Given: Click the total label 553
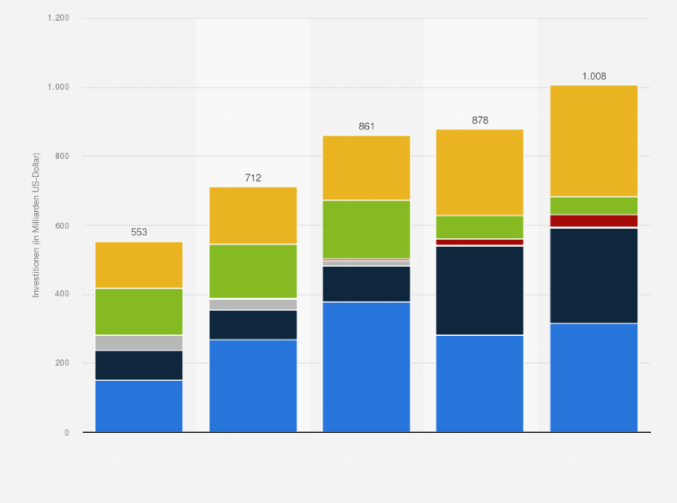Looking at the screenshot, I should (139, 232).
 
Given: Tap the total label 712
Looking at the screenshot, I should (252, 178).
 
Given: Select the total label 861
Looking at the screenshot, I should (366, 127).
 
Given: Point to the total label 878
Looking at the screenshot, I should (479, 119).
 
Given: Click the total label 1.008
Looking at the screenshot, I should (593, 76).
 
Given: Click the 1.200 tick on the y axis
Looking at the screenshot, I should (58, 18).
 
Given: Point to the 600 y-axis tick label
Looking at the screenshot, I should (61, 225).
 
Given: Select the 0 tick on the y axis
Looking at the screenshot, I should (66, 432).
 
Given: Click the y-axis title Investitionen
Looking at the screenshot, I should (37, 225).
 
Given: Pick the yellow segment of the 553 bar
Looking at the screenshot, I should (139, 265).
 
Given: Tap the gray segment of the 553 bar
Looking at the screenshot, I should (139, 342).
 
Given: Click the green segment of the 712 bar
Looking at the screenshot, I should (252, 271).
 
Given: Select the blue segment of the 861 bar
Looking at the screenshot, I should (366, 366).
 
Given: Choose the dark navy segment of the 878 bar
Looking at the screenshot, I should (479, 290).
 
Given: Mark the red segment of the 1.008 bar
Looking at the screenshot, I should (593, 221).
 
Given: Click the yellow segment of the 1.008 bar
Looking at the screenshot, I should (593, 140).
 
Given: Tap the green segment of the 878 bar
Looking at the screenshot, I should (479, 226).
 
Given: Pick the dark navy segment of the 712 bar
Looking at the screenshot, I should (252, 324).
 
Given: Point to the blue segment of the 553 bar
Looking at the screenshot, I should (139, 406).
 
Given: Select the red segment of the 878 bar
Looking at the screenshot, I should (479, 242).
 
